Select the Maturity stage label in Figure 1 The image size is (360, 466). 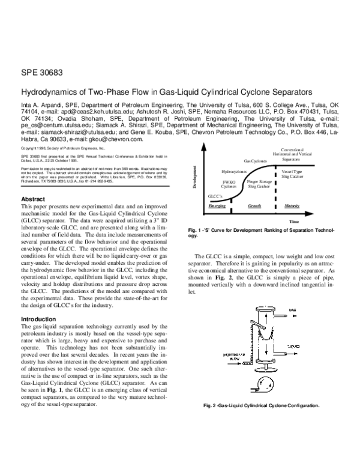coord(292,205)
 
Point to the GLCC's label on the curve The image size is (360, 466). coord(215,196)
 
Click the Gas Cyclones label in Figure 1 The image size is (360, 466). coord(256,161)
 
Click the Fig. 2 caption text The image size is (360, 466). coord(262,405)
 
